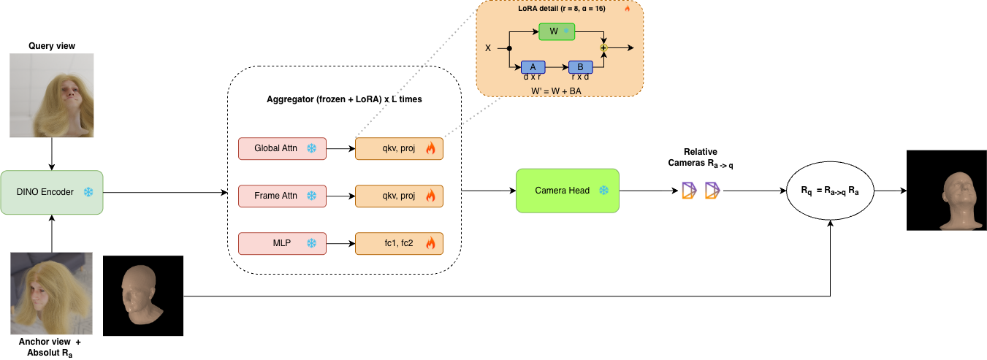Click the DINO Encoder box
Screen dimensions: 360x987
52,192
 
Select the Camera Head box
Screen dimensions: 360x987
567,191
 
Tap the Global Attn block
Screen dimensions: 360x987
282,148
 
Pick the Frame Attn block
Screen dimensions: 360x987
282,196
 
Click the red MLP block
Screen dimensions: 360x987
282,243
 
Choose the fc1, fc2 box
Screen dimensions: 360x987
399,243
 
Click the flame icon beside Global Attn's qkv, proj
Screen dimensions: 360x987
430,149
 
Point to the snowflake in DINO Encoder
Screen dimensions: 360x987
88,192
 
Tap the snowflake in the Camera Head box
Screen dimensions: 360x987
603,191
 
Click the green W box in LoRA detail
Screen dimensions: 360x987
557,31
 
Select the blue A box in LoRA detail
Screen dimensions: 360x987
533,66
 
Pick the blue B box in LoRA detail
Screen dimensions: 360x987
581,66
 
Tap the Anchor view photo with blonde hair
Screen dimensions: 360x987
51,294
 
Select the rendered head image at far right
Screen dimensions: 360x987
946,191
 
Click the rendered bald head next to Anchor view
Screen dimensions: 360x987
143,296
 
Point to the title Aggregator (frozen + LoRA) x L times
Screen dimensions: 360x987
343,99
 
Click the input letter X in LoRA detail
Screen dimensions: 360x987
488,48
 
